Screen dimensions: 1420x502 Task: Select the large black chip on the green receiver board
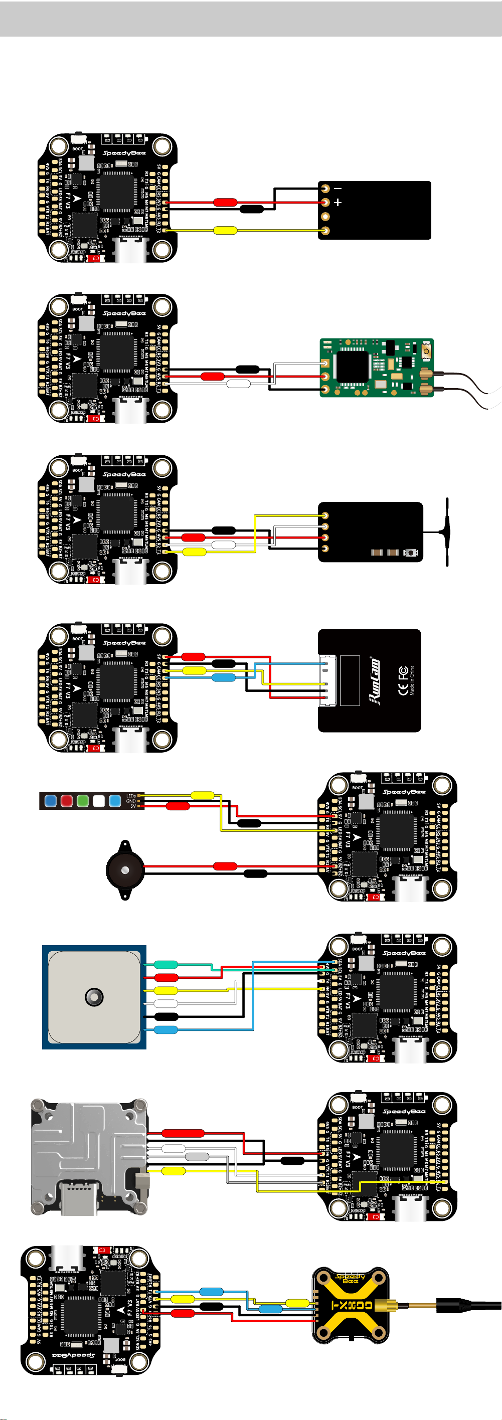coord(353,365)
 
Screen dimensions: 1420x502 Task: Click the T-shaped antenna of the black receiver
coord(446,532)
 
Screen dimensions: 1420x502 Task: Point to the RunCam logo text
coord(374,681)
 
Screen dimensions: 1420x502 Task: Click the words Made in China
coord(412,681)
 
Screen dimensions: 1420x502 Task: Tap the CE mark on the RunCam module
coord(403,672)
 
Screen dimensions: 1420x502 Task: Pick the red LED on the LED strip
coord(66,800)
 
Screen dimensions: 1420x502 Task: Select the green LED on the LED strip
coord(83,800)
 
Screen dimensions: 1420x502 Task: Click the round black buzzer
coord(125,870)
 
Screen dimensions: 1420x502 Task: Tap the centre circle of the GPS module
coord(94,997)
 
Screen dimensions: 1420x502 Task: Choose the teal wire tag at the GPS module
coord(165,965)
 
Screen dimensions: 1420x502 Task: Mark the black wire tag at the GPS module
coord(166,1016)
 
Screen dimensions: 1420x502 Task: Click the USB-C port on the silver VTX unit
coord(79,1198)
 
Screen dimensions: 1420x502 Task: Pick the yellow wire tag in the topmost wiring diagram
coord(225,231)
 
